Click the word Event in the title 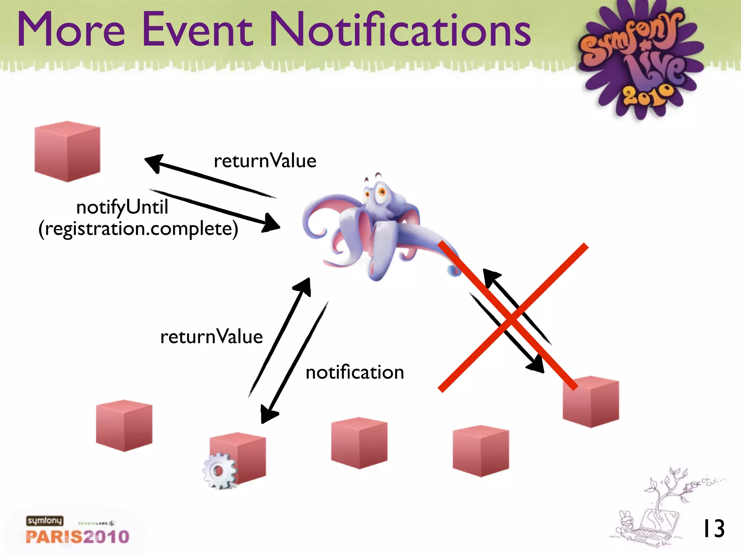click(197, 30)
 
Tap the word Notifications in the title click(400, 30)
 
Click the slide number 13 click(713, 529)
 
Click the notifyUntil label click(122, 207)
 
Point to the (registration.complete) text click(138, 229)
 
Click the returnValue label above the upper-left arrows click(265, 161)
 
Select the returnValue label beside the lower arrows click(211, 337)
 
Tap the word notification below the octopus click(355, 372)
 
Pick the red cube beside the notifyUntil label click(67, 152)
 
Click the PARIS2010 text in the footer click(77, 537)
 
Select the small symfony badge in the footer click(45, 521)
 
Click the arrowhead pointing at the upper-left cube click(154, 162)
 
